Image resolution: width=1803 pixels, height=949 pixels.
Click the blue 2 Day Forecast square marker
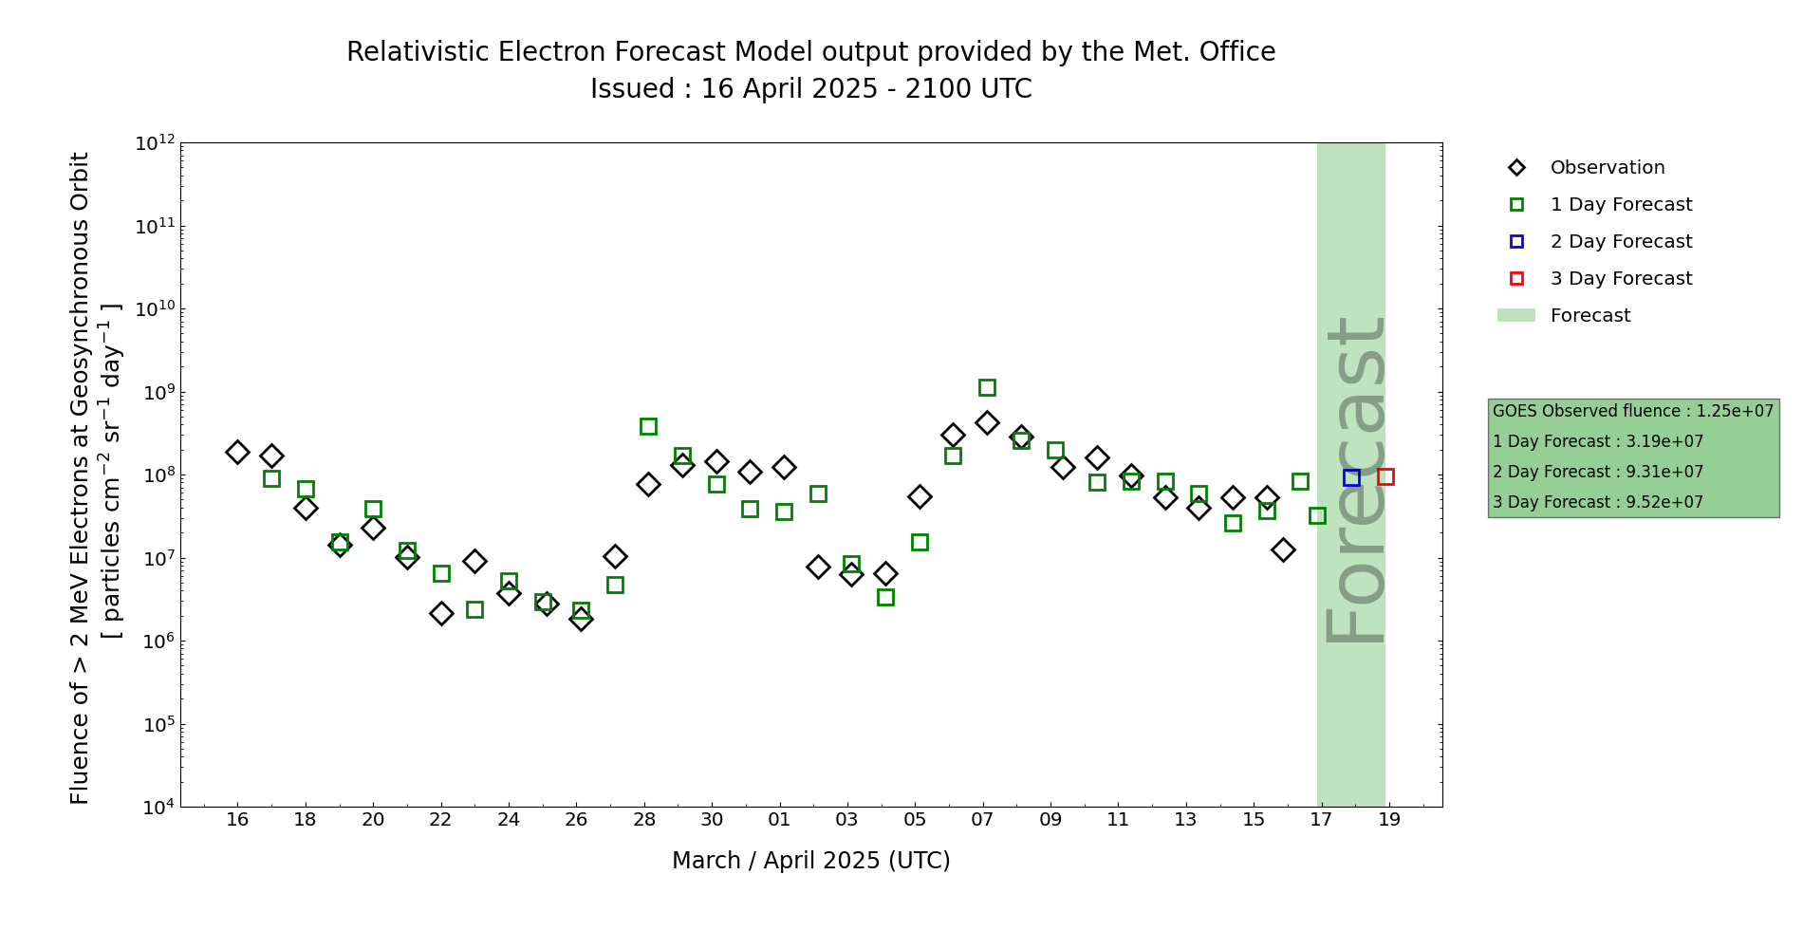1351,477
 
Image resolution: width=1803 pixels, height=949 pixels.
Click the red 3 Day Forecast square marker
1385,476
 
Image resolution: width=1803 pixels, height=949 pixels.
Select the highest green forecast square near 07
987,387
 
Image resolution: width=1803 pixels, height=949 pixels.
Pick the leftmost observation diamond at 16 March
237,452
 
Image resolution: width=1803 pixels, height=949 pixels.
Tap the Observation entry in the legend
1607,168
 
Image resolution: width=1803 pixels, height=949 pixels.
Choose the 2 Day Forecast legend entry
1620,242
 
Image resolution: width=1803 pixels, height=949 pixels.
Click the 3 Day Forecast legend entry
1620,279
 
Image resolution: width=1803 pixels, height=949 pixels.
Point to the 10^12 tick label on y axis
155,143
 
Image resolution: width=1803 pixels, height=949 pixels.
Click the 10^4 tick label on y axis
158,808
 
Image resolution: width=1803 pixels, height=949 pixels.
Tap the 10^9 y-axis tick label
158,392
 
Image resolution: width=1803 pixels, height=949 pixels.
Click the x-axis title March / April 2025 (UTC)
810,861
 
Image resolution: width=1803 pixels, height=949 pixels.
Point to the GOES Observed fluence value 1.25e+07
1735,412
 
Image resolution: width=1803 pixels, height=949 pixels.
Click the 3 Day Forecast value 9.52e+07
1664,503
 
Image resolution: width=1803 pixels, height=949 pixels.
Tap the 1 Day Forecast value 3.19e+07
1664,442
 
